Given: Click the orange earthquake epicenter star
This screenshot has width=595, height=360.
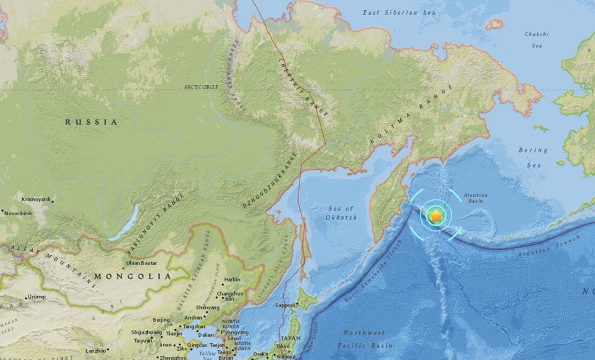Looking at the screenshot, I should point(436,216).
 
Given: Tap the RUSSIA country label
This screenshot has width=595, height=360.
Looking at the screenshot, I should point(91,122).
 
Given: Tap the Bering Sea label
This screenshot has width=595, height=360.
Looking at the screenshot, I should point(533,155).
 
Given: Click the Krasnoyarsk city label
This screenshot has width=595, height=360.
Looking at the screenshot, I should point(36,199).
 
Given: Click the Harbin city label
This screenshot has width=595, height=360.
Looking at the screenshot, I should point(232,279).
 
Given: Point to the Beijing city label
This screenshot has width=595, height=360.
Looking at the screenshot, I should point(161,320).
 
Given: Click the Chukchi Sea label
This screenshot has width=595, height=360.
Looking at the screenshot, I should point(536,40).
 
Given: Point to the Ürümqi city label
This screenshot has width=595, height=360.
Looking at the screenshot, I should point(37,296).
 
